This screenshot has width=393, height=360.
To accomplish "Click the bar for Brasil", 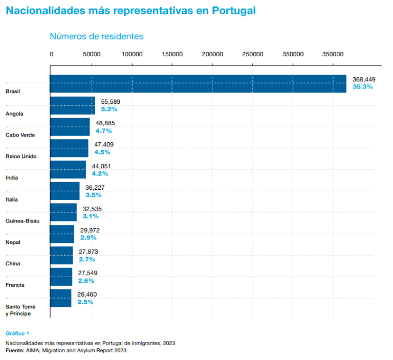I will pyautogui.click(x=198, y=84).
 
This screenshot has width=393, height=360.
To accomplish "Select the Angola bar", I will pyautogui.click(x=73, y=105).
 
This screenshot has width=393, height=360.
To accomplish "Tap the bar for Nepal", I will pyautogui.click(x=62, y=234).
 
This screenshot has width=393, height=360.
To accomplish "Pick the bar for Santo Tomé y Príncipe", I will pyautogui.click(x=61, y=298).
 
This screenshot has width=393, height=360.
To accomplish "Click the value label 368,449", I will pyautogui.click(x=364, y=79).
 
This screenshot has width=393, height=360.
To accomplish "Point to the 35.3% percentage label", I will pyautogui.click(x=363, y=87).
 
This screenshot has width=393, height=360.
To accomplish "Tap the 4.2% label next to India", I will pyautogui.click(x=99, y=173).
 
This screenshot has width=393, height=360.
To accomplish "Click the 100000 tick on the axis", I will pyautogui.click(x=132, y=54).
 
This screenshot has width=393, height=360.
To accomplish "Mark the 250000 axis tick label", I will pyautogui.click(x=253, y=54).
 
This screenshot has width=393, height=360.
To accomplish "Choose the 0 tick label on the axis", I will pyautogui.click(x=51, y=54).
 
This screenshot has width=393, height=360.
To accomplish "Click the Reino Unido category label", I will pyautogui.click(x=20, y=156).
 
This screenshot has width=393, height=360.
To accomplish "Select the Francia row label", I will pyautogui.click(x=15, y=285).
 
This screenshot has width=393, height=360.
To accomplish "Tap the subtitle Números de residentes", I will pyautogui.click(x=96, y=36).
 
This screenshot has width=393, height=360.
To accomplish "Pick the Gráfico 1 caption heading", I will pyautogui.click(x=18, y=333).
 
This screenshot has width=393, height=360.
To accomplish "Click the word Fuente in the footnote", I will pyautogui.click(x=15, y=351).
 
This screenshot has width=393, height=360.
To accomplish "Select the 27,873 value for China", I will pyautogui.click(x=89, y=252).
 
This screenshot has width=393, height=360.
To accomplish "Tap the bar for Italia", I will pyautogui.click(x=64, y=191).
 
